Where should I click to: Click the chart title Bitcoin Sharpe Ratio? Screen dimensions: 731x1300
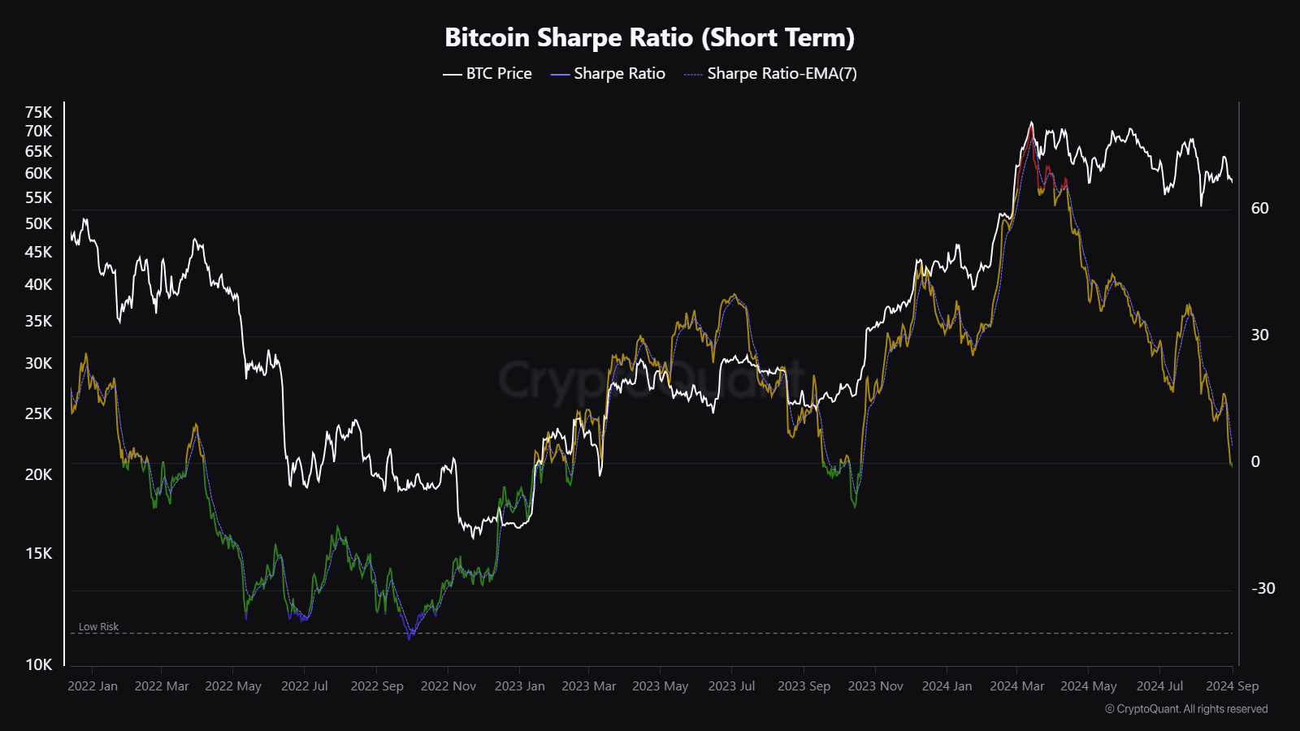[x=649, y=37]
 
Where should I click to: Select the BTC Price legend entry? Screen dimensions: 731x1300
[x=487, y=73]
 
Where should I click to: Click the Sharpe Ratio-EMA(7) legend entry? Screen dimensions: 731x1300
[x=770, y=73]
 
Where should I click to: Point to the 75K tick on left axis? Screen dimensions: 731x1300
[x=38, y=112]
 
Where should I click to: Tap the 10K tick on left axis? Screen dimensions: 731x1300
[x=38, y=664]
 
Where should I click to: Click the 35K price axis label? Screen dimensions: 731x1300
[x=38, y=321]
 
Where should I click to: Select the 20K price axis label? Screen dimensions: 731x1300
[x=38, y=474]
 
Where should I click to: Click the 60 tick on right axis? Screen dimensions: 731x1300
[x=1259, y=208]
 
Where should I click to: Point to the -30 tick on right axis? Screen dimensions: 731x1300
[x=1263, y=588]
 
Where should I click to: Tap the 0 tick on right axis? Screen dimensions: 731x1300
[x=1255, y=461]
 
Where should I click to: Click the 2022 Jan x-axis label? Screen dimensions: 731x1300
[x=93, y=686]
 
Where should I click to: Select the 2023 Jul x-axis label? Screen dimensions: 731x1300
[x=731, y=686]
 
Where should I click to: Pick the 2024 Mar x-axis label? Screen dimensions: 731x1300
[x=1016, y=686]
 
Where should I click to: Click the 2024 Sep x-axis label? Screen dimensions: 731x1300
[x=1232, y=686]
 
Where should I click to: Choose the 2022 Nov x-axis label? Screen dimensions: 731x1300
[x=448, y=686]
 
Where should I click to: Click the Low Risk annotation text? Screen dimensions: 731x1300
[x=98, y=627]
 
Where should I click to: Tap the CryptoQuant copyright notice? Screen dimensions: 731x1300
[x=1186, y=709]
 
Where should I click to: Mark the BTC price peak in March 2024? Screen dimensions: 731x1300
[x=1031, y=123]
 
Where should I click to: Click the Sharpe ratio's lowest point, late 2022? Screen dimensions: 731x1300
[x=409, y=639]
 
